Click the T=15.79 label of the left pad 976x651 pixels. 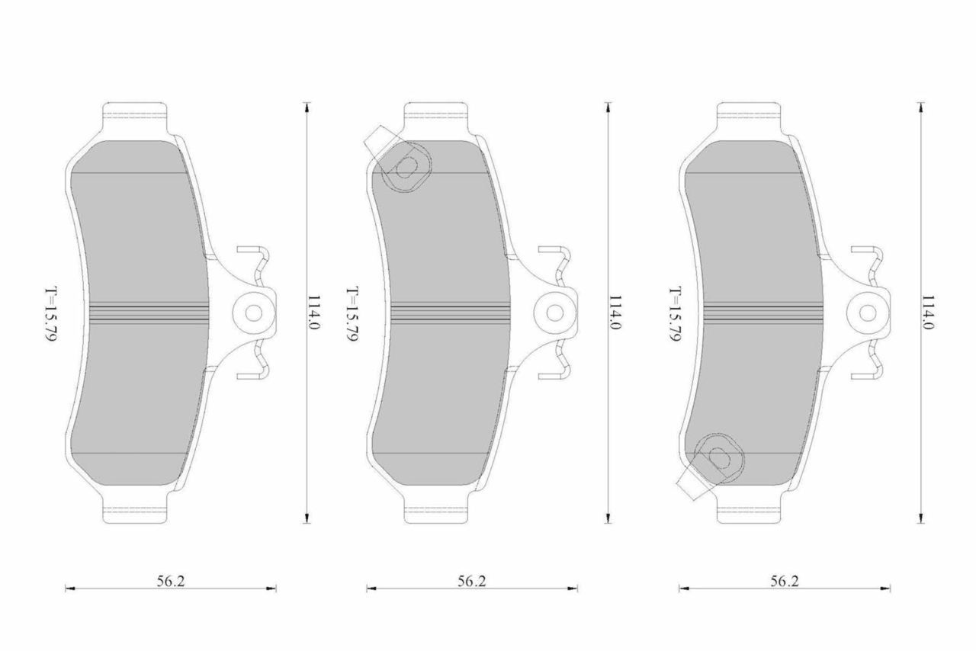(51, 314)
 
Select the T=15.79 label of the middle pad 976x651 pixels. (352, 314)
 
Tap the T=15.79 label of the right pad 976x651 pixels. (676, 314)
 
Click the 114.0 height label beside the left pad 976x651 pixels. (313, 313)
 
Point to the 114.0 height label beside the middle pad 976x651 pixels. (615, 313)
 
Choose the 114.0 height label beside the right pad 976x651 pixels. (928, 313)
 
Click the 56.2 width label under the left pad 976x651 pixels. (171, 581)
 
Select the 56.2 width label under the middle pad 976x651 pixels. (472, 581)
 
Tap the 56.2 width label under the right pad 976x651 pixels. (785, 581)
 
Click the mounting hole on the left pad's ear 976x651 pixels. (254, 313)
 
